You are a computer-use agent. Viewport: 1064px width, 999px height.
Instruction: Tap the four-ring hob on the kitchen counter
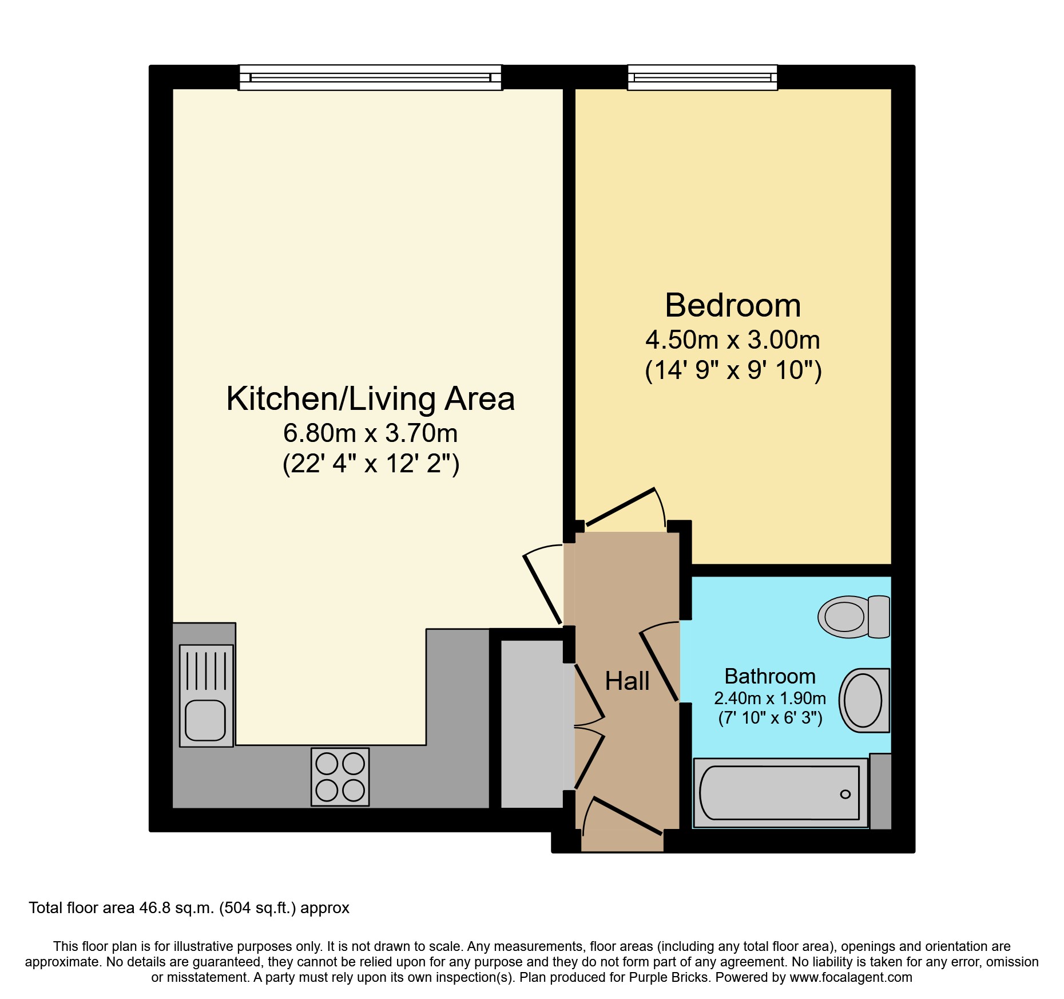coord(340,777)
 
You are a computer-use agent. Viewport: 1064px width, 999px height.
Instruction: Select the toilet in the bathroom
coord(854,617)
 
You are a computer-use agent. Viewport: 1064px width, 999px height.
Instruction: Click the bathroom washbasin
coord(864,700)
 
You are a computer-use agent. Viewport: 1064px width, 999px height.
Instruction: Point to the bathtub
coord(780,793)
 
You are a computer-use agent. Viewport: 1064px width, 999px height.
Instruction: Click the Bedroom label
coord(733,305)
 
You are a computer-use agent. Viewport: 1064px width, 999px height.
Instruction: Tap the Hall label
coord(627,681)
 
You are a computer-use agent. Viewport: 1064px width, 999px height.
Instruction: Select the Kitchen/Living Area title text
coord(371,398)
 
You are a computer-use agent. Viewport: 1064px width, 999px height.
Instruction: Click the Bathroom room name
coord(770,676)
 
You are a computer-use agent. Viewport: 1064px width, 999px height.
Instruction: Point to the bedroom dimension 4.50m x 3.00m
coord(733,340)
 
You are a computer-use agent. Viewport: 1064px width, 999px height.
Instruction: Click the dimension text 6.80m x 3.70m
coord(371,433)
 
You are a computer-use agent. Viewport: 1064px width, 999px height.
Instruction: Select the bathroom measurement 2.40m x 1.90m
coord(770,698)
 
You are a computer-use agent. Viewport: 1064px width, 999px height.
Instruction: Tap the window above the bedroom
coord(702,77)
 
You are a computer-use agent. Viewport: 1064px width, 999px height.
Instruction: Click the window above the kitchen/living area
coord(370,77)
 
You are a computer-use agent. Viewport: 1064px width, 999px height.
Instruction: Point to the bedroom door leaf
coord(621,507)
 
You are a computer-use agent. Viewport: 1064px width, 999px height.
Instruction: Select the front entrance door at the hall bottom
coord(628,816)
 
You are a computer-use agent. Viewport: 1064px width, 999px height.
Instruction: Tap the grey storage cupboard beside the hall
coord(532,724)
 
